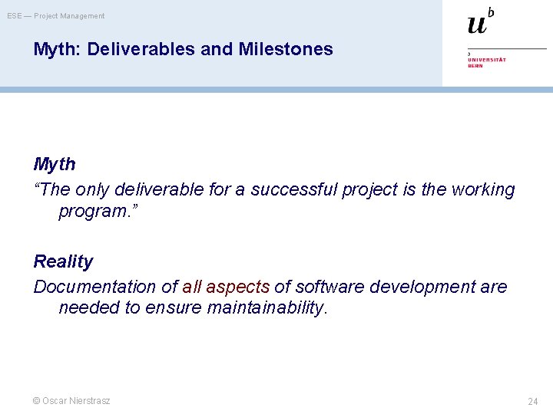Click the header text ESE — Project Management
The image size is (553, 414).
56,16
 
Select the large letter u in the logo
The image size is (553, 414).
477,25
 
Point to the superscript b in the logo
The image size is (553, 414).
491,11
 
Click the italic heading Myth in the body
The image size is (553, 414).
55,164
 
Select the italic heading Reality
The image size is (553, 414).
63,261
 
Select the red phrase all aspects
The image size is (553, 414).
226,287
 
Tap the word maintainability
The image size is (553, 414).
267,308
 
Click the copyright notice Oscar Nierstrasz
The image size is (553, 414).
71,401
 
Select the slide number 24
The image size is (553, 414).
533,402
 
